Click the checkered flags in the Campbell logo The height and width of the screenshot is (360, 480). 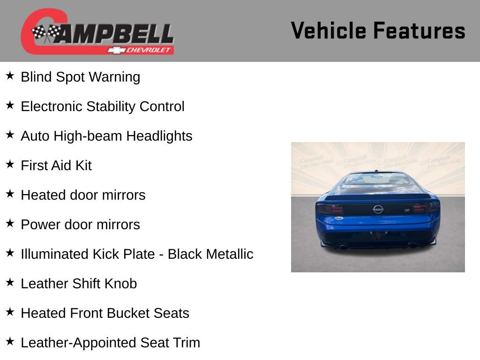46,33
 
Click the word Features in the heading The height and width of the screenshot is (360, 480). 419,30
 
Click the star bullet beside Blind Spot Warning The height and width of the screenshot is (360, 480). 10,76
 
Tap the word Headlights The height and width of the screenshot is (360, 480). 159,136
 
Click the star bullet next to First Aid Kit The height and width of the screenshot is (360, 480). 10,165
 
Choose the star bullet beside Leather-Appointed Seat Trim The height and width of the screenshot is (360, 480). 10,342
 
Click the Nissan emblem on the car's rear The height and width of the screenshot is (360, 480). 378,209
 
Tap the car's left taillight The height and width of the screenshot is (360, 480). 330,209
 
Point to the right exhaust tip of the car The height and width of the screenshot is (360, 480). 413,245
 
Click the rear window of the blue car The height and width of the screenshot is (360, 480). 377,180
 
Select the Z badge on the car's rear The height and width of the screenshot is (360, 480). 407,210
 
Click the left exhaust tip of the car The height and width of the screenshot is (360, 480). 343,246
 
